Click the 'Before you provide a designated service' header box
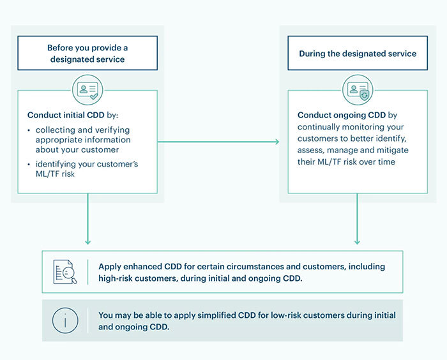(87, 53)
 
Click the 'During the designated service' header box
(357, 54)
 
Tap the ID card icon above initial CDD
(87, 90)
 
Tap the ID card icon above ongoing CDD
(357, 90)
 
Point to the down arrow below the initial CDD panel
(87, 224)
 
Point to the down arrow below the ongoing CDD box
(357, 224)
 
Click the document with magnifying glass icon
(64, 271)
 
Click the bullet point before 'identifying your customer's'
(29, 165)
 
